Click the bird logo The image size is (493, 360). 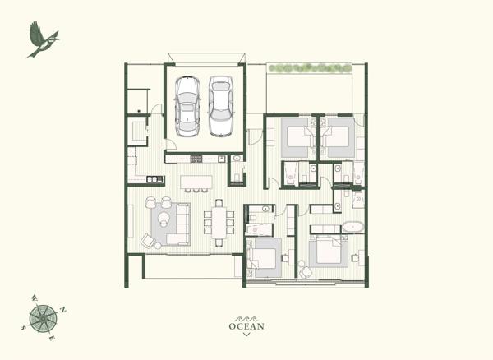pos(43,40)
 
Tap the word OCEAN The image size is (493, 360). pos(246,326)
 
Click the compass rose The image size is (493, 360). pos(43,319)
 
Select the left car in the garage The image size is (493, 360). pos(187,106)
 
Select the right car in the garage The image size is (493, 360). pos(221,106)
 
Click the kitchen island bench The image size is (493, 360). pos(196,182)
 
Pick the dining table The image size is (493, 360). pos(219,222)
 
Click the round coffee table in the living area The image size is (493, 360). pos(164,218)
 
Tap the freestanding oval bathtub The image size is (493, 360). pos(352,227)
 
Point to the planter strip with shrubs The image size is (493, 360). pos(310,68)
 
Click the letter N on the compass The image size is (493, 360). pos(63,311)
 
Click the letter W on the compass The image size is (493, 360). pos(35,298)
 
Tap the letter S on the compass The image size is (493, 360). pos(23,328)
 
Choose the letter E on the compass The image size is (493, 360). pos(53,339)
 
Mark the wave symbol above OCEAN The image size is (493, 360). pos(246,319)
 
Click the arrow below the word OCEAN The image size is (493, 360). pos(246,335)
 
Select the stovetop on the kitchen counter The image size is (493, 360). pos(196,158)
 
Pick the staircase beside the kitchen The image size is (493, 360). pos(136,133)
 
